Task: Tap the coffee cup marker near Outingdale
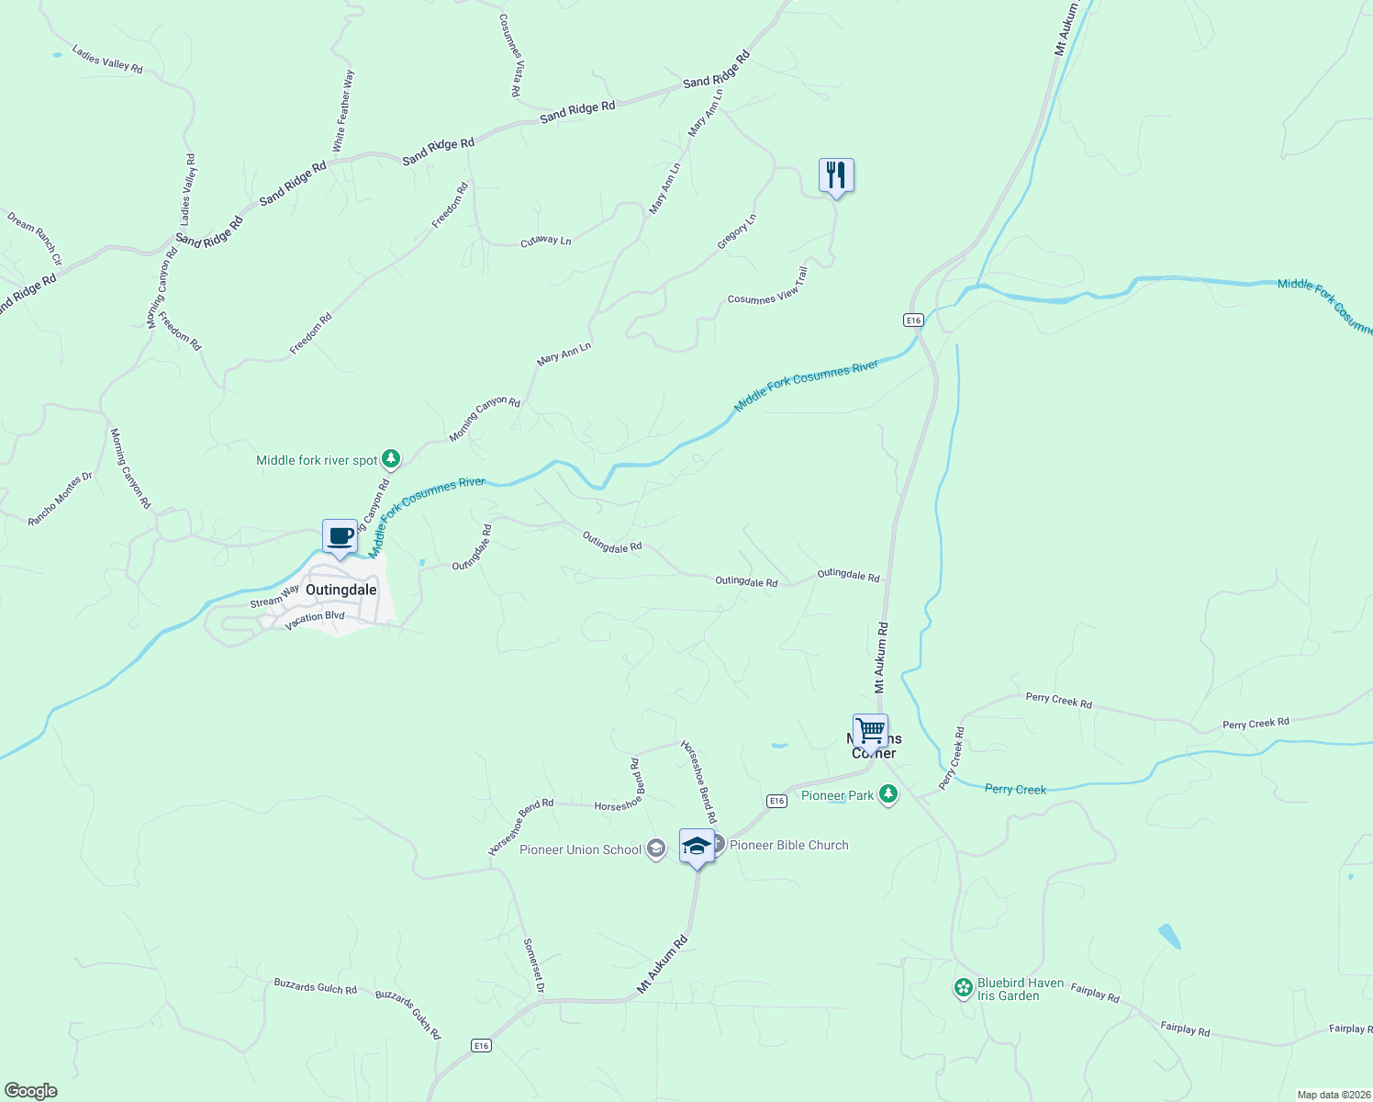click(x=340, y=536)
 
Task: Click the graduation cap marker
click(x=697, y=846)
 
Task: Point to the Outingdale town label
click(x=340, y=590)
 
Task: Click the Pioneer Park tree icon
click(x=887, y=794)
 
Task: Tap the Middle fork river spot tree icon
click(x=392, y=458)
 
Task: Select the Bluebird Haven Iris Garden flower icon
click(x=964, y=988)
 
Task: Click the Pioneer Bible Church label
click(x=788, y=845)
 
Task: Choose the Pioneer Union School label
click(x=580, y=849)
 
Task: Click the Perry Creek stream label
click(x=1015, y=789)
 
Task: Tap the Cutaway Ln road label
click(x=545, y=241)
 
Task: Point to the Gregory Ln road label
click(x=737, y=231)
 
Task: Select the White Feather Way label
click(x=341, y=112)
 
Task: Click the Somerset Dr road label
click(x=534, y=965)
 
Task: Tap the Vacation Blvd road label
click(x=314, y=621)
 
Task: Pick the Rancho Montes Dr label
click(x=61, y=499)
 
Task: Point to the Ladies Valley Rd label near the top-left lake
click(x=107, y=61)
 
